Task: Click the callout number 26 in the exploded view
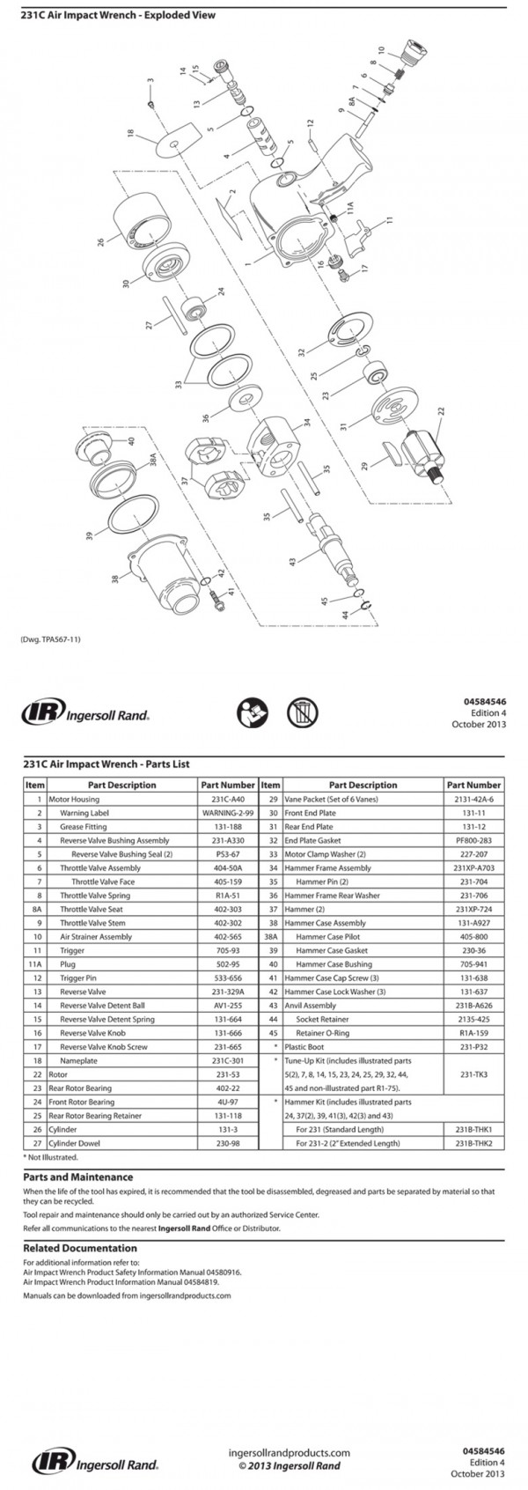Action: click(x=102, y=240)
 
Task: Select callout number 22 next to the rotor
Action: click(x=441, y=410)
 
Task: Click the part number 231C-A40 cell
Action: click(x=228, y=799)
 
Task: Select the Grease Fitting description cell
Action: click(x=84, y=827)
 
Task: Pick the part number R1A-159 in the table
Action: click(x=473, y=1032)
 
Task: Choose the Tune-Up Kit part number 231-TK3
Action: click(x=473, y=1074)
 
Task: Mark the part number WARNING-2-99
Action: click(x=228, y=813)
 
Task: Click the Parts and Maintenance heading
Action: click(x=78, y=1177)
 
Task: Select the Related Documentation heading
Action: click(x=80, y=1248)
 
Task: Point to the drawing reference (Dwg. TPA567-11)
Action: click(x=50, y=639)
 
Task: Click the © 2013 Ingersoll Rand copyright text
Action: click(x=289, y=1466)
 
